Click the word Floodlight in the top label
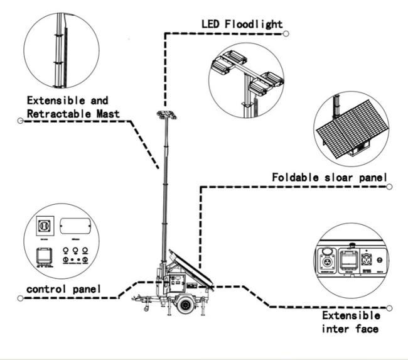tap(256, 24)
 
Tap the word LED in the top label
tap(212, 24)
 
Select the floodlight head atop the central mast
tap(164, 114)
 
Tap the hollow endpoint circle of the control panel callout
tap(21, 298)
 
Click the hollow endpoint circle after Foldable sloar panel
tap(389, 187)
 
